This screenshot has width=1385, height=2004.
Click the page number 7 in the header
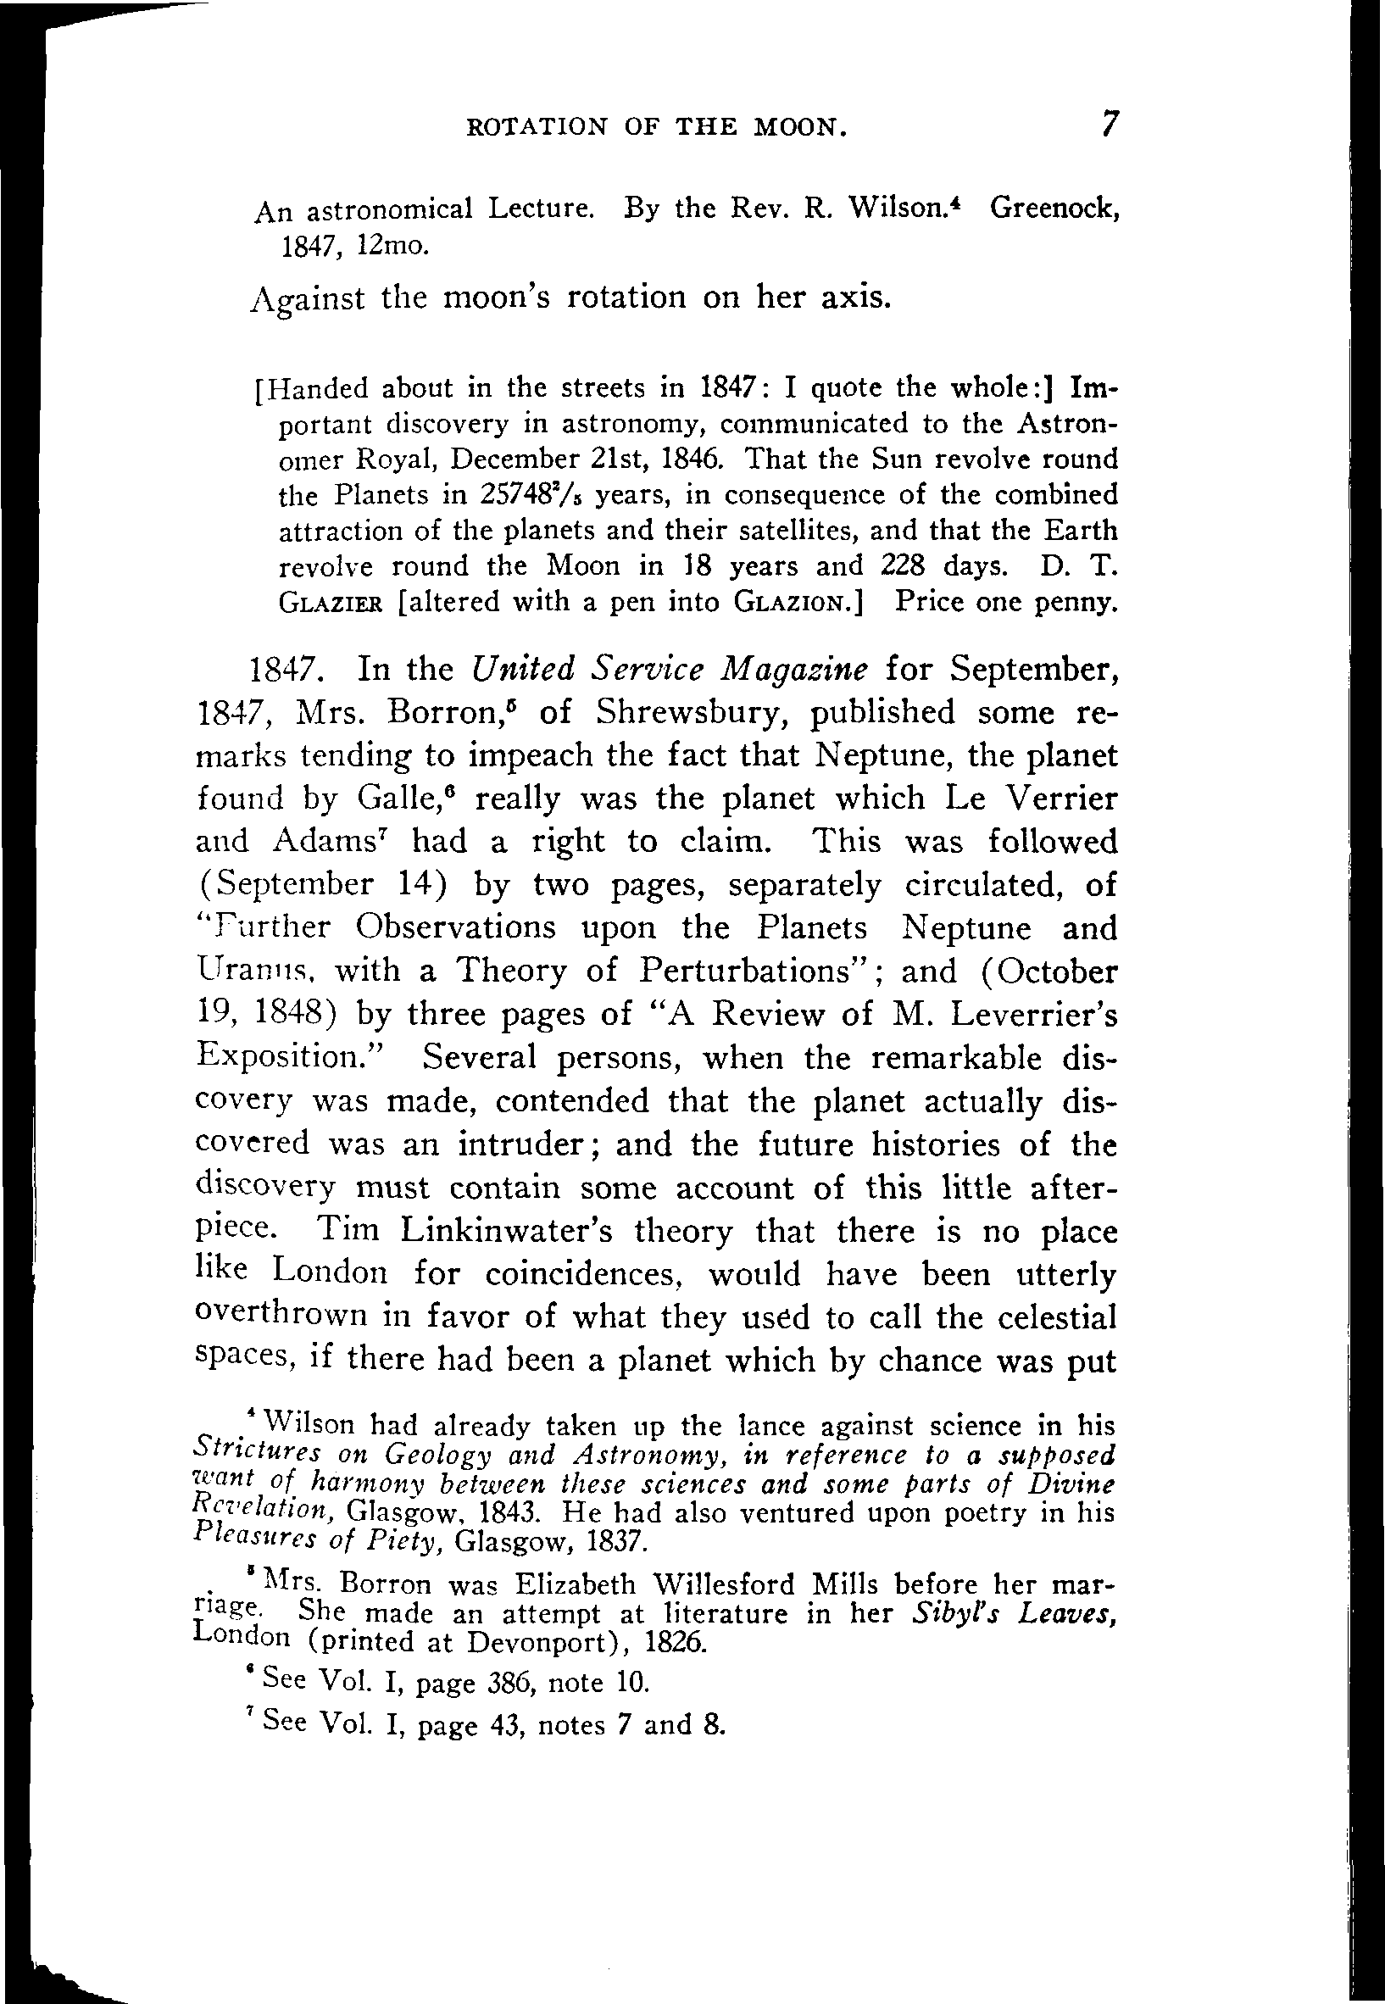(x=1108, y=125)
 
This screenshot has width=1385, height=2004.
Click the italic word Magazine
(x=797, y=669)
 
